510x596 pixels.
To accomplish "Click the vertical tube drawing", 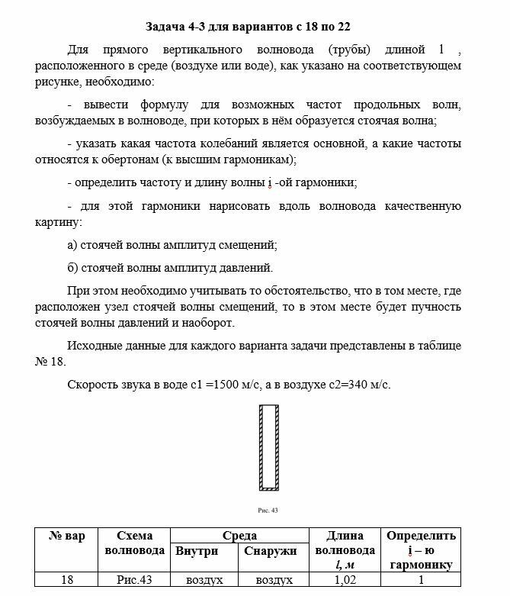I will tap(268, 447).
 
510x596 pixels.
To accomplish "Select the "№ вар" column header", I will tap(66, 536).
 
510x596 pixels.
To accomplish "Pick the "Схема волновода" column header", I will tap(135, 543).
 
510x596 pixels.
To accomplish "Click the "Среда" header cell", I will tap(239, 536).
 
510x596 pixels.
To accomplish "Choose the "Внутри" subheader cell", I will tap(197, 550).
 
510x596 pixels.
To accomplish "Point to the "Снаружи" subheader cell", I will tap(270, 550).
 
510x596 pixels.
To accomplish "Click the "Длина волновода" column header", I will tap(345, 550).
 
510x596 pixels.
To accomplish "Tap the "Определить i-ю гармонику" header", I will tap(421, 550).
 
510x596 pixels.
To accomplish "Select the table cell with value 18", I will tap(66, 581).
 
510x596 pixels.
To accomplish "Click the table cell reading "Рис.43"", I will tap(135, 581).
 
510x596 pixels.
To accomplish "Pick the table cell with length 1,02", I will tap(345, 581).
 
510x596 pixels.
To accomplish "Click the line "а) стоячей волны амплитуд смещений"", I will tap(172, 245).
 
